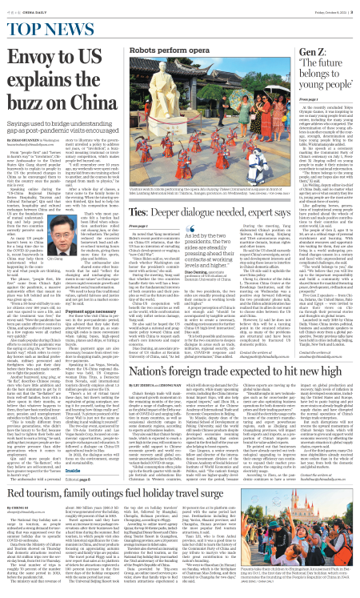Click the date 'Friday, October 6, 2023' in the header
point(338,10)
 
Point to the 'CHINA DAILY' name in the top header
point(30,10)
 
